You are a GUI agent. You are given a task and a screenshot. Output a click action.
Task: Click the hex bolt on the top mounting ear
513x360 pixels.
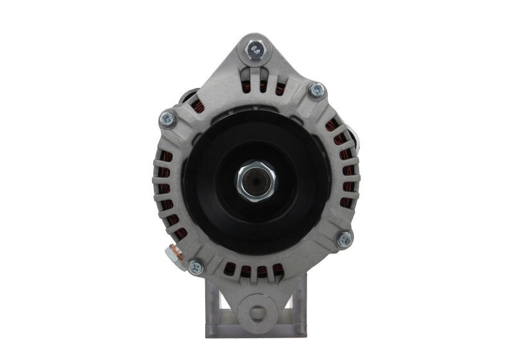tap(256, 48)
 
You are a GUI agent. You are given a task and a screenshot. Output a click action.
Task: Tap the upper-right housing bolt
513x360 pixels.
tap(315, 90)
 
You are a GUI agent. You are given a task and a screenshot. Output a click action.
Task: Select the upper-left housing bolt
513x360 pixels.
tap(168, 119)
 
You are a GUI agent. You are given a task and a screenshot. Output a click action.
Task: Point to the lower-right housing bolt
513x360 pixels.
tap(344, 239)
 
